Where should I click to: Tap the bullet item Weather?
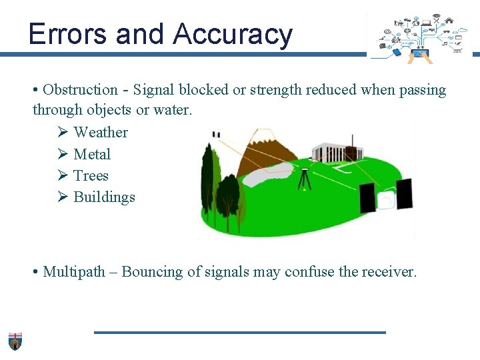click(100, 132)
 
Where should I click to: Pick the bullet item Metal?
click(92, 154)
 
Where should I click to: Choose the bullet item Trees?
click(91, 175)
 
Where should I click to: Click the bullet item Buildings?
click(104, 197)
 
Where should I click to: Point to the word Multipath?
click(74, 272)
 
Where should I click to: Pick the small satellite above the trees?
click(215, 135)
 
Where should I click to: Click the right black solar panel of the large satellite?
click(404, 194)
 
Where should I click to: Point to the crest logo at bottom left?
click(15, 341)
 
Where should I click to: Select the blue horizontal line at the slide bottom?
click(240, 332)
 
